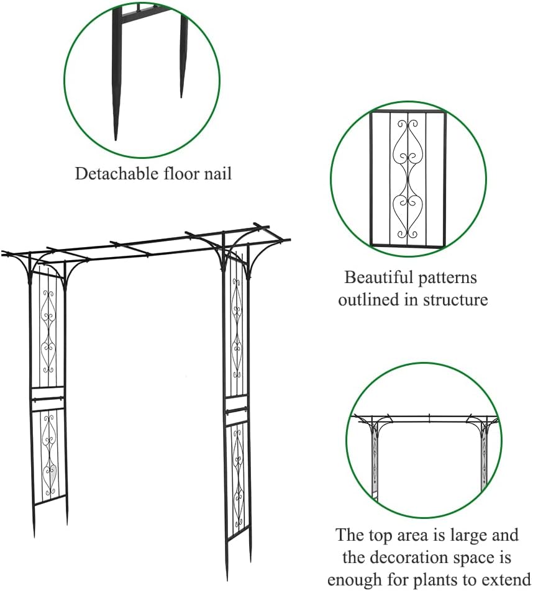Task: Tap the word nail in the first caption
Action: [x=217, y=173]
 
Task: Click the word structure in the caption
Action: [x=455, y=300]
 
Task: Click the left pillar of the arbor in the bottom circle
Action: [x=375, y=462]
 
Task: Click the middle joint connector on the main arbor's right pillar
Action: [x=237, y=410]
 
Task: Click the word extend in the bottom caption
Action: [x=506, y=579]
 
